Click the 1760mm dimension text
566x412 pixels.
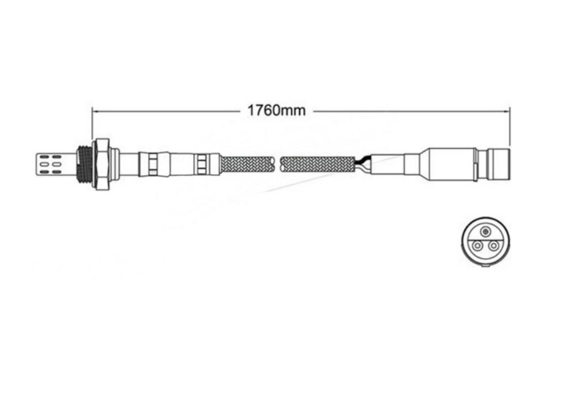coord(276,111)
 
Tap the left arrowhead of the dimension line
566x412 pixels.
coord(95,111)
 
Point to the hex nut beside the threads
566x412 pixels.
coord(102,163)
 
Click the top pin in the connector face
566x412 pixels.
coord(484,232)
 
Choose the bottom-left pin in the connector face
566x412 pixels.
coord(476,246)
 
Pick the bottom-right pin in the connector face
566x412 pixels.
coord(493,246)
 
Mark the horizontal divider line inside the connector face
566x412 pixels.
coord(484,239)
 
